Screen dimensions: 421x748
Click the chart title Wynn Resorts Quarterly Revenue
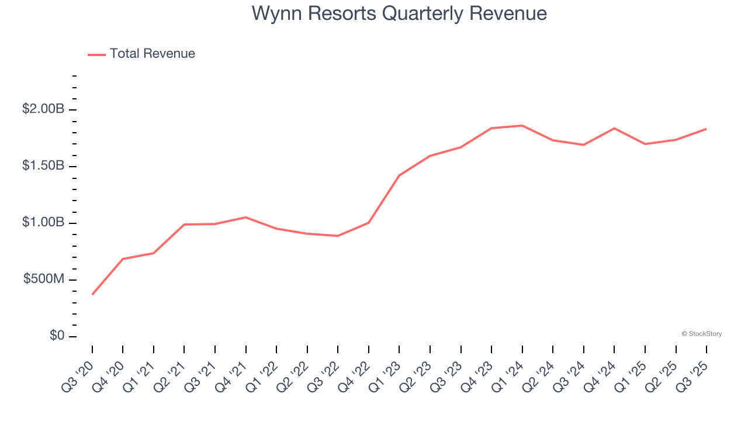point(399,13)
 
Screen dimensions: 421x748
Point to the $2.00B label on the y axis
point(43,109)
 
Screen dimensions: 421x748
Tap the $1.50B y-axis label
point(43,165)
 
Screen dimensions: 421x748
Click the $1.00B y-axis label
point(43,222)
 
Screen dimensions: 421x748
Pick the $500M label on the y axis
point(44,279)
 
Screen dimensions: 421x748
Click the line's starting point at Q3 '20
point(92,294)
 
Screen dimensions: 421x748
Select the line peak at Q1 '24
point(522,125)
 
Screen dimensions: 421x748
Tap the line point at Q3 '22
point(338,236)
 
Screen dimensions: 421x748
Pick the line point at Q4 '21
point(245,217)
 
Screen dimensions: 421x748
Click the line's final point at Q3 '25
point(706,129)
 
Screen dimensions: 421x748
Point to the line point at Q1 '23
point(399,175)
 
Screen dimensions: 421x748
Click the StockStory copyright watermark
point(701,334)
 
